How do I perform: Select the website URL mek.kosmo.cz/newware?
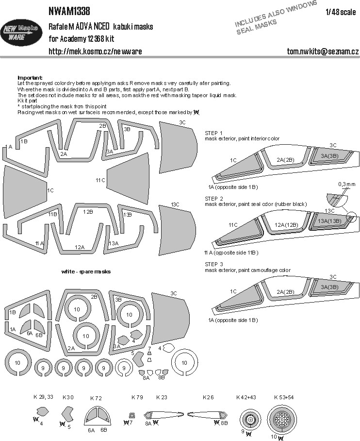coord(95,51)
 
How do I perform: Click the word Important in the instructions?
coord(30,78)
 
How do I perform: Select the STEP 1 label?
coord(214,133)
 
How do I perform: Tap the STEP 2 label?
coord(214,199)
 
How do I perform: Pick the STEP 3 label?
coord(214,265)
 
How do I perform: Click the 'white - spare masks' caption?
coord(86,271)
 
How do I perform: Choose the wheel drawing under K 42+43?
coord(250,418)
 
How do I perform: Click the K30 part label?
coord(68,397)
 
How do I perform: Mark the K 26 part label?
coord(209,397)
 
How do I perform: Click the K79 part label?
coord(137,397)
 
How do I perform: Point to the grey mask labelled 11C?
coord(127,180)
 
